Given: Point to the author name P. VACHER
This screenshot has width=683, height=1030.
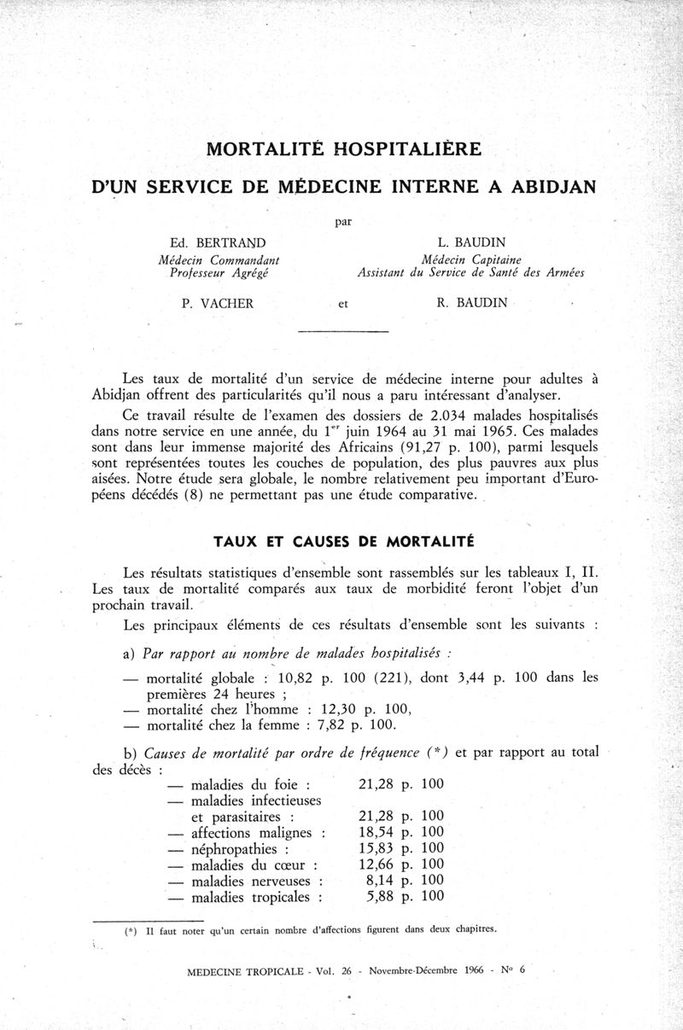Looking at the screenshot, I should pos(217,303).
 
